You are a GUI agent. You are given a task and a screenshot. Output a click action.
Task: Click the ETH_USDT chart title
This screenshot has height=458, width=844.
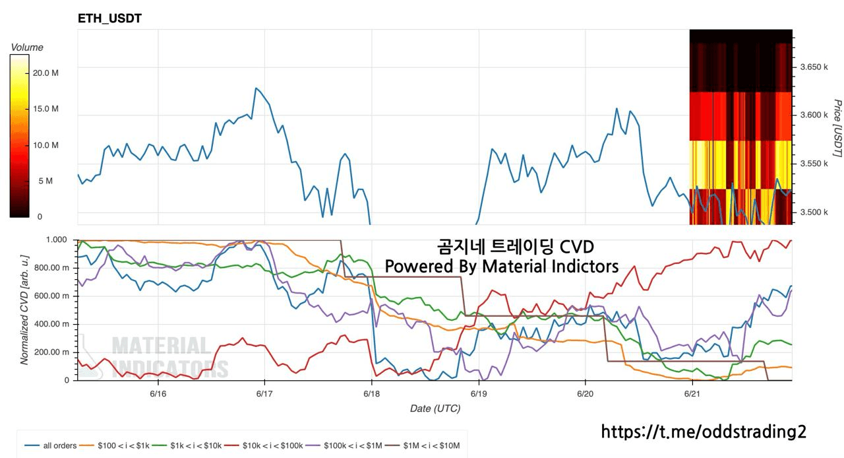point(109,18)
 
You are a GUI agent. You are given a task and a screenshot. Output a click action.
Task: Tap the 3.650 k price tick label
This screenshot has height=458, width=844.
point(814,67)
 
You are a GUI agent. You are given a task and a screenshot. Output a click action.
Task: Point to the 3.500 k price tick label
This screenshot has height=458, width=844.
point(814,213)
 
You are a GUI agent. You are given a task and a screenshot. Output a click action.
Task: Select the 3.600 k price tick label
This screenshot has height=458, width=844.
point(814,115)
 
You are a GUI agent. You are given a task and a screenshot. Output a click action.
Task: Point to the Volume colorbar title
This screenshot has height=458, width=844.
point(27,48)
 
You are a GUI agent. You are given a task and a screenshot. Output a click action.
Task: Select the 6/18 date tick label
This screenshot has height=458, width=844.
point(371,393)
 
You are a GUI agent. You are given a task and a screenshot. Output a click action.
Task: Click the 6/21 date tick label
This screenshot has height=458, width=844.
point(692,393)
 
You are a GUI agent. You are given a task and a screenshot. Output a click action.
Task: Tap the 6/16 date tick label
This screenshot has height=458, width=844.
point(158,393)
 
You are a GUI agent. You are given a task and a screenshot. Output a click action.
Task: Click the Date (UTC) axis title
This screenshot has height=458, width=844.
point(435,409)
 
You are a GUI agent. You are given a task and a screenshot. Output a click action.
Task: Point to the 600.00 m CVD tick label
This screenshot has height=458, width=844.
point(55,296)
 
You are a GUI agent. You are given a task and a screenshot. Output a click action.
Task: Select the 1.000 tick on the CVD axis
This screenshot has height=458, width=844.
point(61,240)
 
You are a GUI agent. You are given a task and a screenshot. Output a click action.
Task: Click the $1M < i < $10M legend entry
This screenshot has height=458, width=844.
point(428,445)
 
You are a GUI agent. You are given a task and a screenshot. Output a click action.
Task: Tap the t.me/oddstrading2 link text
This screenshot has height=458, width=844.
point(704,432)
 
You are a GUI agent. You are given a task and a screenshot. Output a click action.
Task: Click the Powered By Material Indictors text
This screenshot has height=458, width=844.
point(502,266)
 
